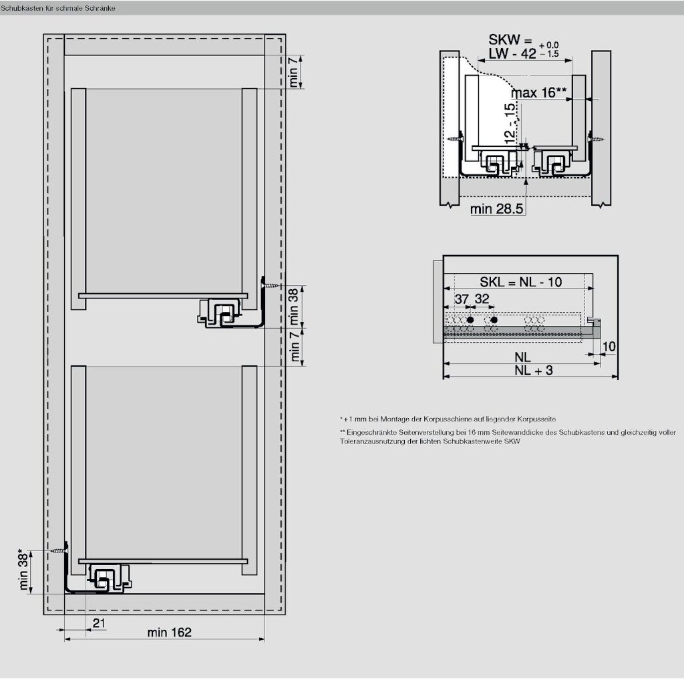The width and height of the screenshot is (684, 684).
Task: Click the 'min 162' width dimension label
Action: click(169, 632)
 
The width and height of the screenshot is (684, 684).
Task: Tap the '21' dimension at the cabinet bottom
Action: click(99, 623)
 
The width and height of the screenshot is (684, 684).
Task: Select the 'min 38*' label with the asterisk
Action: click(24, 570)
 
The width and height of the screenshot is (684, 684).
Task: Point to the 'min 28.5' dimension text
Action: click(496, 209)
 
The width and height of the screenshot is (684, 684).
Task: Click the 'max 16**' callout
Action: click(539, 92)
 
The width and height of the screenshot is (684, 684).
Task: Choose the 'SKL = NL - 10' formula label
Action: click(521, 282)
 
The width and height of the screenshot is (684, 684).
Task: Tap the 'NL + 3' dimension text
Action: click(534, 370)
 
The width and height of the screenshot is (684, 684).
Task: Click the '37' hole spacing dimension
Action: click(462, 299)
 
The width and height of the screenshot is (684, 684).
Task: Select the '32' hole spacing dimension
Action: click(482, 299)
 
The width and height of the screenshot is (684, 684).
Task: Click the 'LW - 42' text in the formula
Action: click(512, 53)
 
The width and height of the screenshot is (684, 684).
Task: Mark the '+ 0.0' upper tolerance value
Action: click(549, 45)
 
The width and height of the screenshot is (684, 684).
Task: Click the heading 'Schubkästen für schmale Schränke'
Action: click(57, 8)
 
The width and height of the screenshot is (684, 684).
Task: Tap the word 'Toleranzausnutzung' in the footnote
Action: click(369, 441)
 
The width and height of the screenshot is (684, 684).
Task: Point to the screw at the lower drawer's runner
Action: click(57, 551)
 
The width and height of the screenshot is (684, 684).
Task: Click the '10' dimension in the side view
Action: click(609, 347)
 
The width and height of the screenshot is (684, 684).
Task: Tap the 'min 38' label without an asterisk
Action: click(294, 306)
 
